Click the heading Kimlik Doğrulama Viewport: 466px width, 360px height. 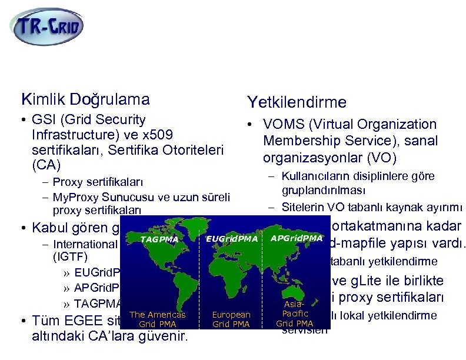tap(85, 99)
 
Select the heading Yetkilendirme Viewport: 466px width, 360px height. tap(297, 102)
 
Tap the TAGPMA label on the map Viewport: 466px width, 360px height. tap(159, 239)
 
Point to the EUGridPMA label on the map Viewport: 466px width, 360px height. tap(232, 238)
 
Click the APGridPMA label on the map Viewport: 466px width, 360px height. tap(296, 238)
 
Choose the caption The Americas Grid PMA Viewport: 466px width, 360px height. tap(157, 319)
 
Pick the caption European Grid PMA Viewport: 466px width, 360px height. tap(231, 319)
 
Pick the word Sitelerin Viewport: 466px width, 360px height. tap(301, 207)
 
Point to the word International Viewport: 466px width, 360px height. tap(85, 244)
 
